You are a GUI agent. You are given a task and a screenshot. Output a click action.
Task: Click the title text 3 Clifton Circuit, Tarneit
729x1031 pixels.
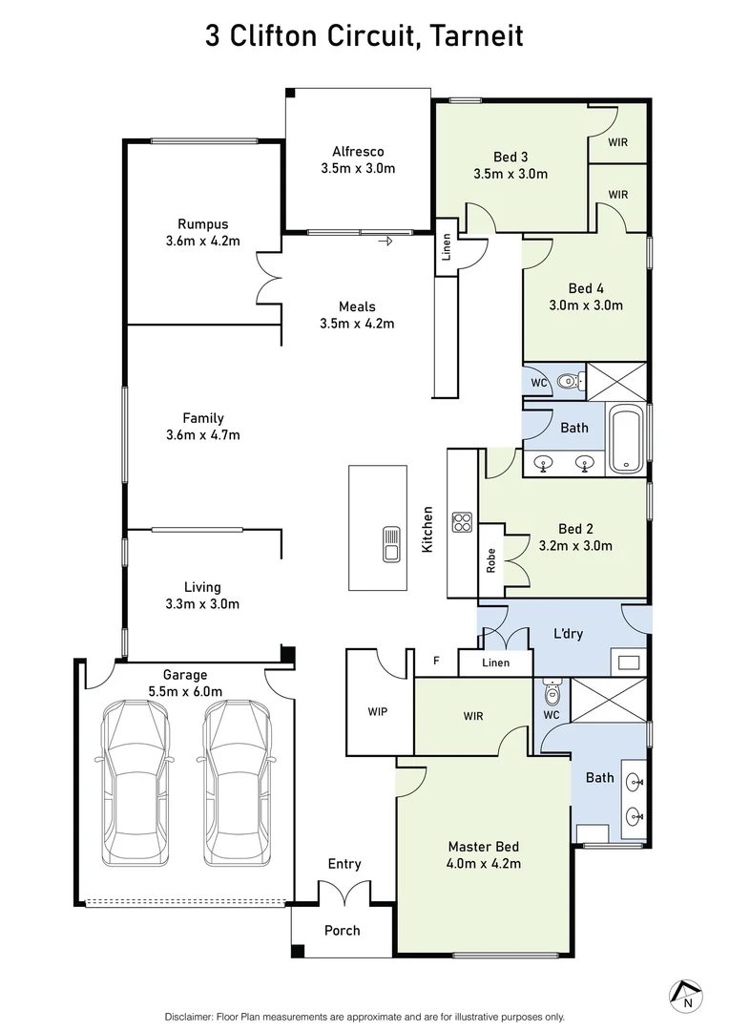click(364, 37)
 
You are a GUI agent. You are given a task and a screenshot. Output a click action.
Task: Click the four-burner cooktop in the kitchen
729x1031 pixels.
click(463, 521)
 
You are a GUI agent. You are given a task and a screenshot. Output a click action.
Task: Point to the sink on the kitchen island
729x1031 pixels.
click(391, 544)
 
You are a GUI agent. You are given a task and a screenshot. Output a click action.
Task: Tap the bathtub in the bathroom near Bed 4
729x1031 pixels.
click(626, 439)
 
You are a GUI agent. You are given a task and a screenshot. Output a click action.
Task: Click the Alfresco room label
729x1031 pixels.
click(358, 152)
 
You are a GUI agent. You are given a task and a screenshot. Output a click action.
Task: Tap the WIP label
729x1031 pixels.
click(378, 711)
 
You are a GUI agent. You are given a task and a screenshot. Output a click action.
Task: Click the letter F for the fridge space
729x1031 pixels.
click(437, 660)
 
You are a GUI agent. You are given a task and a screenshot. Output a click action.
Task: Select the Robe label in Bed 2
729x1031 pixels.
click(490, 558)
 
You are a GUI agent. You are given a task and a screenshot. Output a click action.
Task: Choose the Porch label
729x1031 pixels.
click(342, 931)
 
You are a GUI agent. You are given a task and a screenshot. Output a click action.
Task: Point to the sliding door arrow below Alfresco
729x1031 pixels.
click(385, 242)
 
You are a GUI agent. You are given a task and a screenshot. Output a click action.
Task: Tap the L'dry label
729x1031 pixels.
click(569, 633)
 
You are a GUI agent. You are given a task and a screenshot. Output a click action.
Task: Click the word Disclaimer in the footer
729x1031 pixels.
click(192, 1017)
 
